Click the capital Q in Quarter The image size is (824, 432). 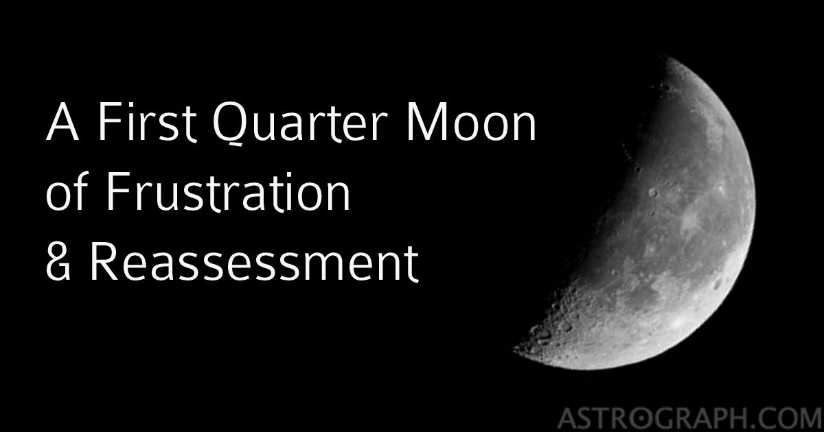point(229,125)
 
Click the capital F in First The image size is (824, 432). point(108,124)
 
